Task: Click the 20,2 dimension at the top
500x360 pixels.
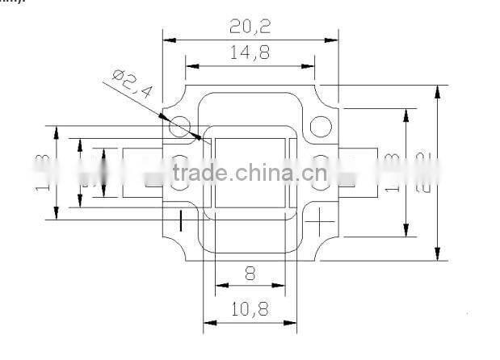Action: click(250, 26)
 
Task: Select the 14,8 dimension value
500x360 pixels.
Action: click(250, 53)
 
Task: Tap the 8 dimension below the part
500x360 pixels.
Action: click(250, 274)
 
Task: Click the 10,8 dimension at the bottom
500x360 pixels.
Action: click(250, 308)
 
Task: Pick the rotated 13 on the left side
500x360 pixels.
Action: click(42, 171)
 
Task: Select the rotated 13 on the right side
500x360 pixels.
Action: click(393, 171)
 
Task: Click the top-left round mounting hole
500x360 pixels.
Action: click(179, 126)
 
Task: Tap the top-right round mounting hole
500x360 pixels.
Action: click(321, 126)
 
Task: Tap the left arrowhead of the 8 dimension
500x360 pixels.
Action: click(221, 285)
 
